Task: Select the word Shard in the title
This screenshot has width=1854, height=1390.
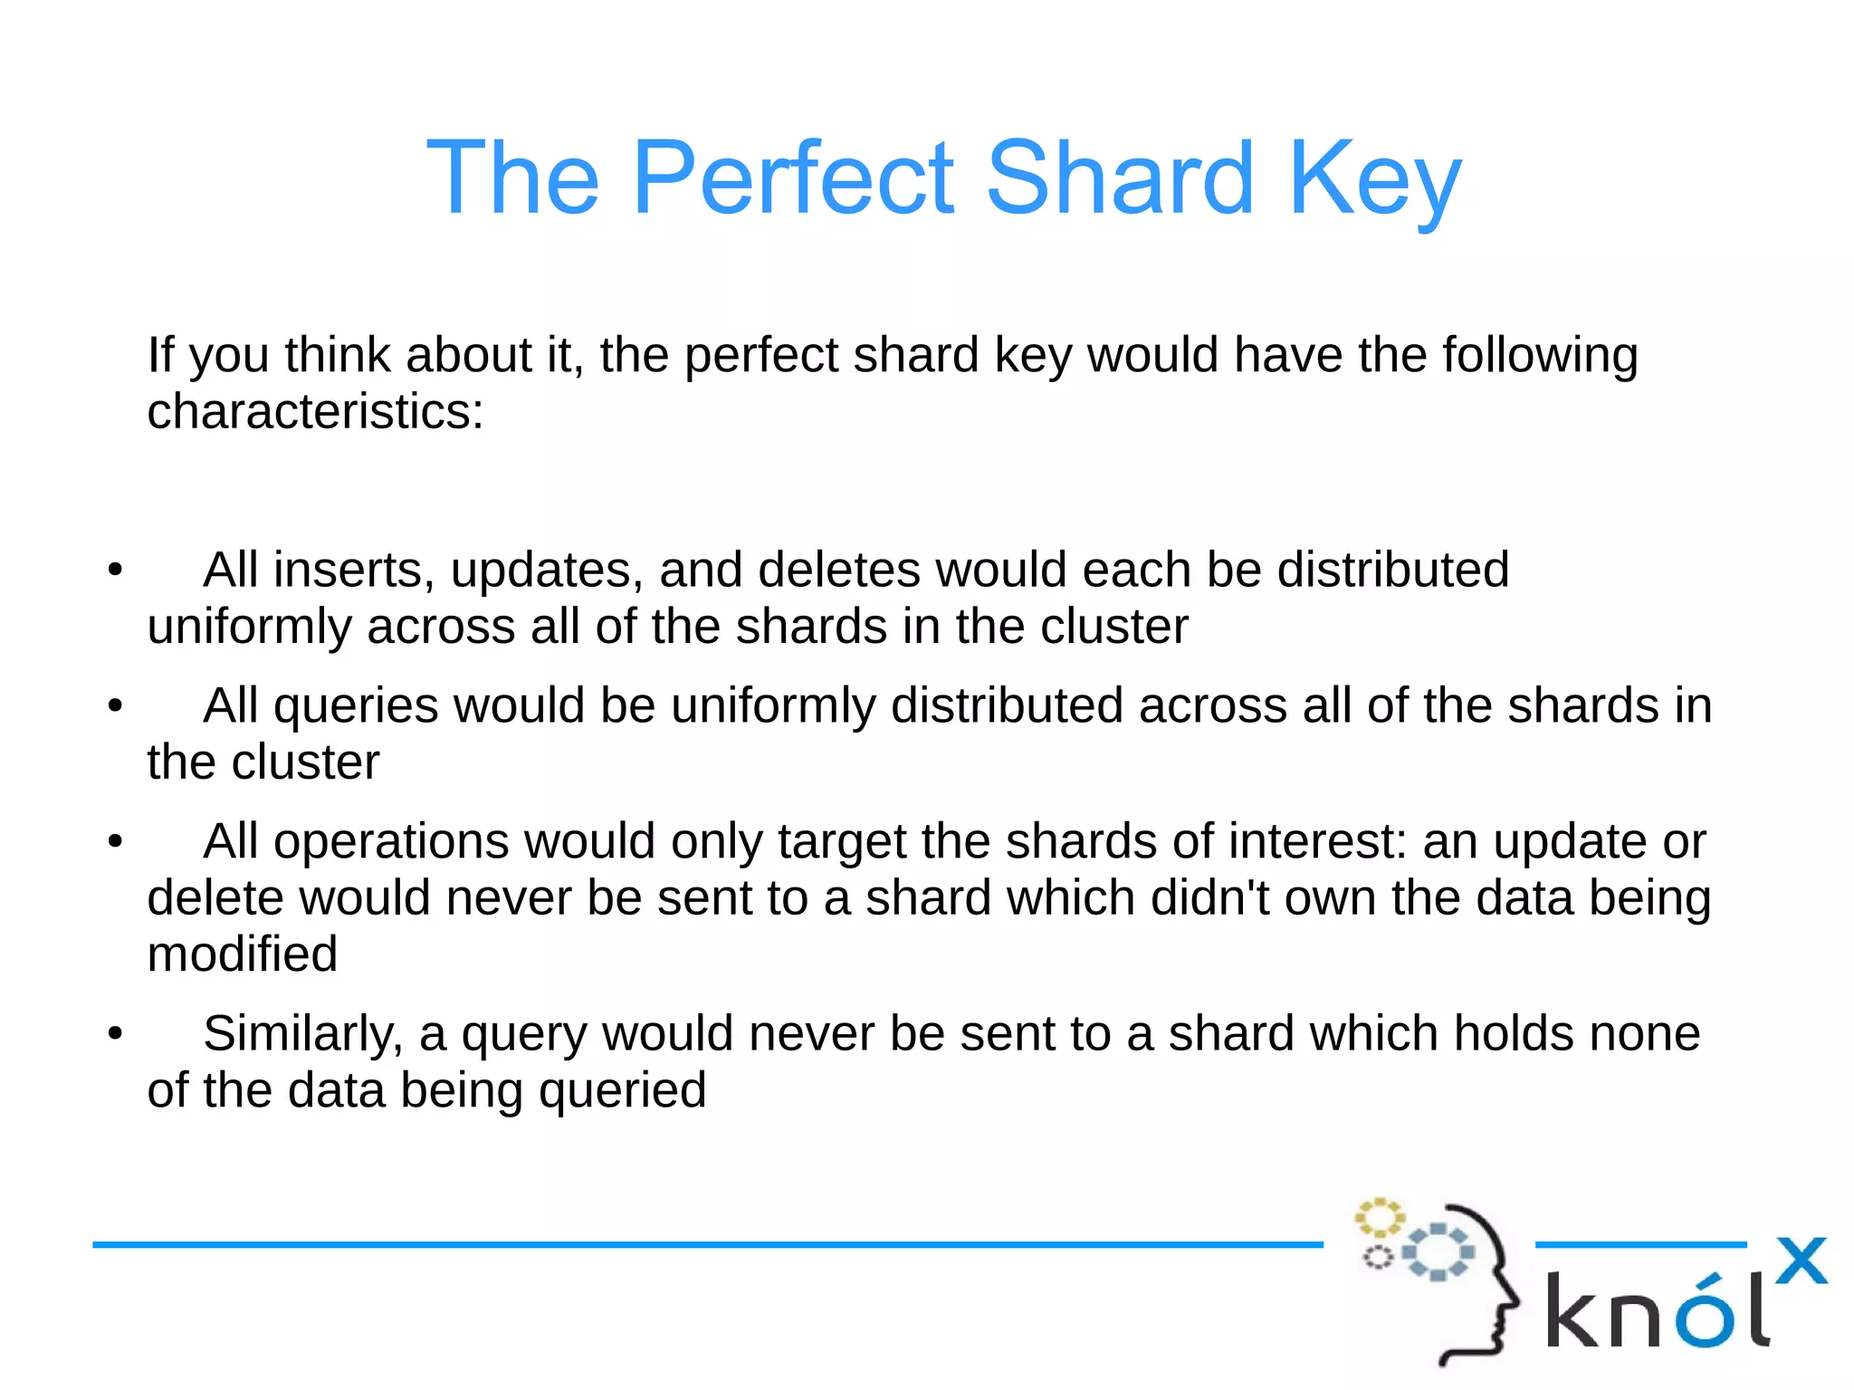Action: coord(1120,177)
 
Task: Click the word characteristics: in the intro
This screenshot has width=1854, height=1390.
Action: coord(315,412)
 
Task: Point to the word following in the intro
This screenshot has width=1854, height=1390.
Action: coord(1540,355)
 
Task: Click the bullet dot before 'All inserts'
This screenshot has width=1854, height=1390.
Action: coord(115,571)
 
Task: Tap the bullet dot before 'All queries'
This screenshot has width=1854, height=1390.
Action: coord(115,706)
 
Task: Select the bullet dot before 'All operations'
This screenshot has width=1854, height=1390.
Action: coord(115,842)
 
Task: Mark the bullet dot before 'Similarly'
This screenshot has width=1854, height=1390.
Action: coord(115,1034)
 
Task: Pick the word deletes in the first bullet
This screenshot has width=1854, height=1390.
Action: coord(838,570)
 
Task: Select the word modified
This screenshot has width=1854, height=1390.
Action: coord(243,954)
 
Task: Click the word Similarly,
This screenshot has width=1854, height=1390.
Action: coord(302,1035)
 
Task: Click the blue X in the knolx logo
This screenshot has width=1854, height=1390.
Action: coord(1801,1261)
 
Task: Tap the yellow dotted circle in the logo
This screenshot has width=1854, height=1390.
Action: coord(1379,1217)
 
